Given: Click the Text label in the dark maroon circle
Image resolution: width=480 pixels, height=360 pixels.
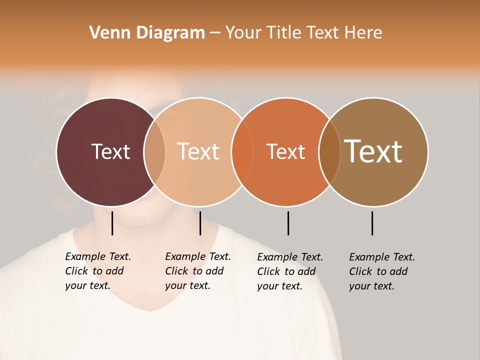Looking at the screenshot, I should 110,151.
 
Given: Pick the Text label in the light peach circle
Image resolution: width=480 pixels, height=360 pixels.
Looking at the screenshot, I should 198,151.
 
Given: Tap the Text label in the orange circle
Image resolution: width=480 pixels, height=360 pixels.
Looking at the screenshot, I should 285,151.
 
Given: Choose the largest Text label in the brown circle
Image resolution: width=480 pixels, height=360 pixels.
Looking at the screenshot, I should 373,151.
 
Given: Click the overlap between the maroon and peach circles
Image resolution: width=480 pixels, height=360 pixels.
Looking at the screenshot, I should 154,152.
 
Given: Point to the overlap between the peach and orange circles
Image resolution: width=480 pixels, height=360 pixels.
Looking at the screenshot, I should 242,152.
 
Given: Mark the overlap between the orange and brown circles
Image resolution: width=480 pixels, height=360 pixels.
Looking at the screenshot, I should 329,152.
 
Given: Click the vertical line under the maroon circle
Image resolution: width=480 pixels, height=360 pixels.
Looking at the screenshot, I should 112,223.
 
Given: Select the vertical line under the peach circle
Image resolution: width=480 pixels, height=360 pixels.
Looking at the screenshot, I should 200,223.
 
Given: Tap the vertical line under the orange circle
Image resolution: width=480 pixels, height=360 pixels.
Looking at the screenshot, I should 288,223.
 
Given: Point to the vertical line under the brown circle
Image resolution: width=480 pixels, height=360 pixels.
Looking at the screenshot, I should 372,223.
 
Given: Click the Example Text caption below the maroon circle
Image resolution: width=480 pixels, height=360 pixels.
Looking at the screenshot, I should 97,271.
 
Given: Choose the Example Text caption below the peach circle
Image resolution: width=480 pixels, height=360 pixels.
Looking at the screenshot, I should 197,271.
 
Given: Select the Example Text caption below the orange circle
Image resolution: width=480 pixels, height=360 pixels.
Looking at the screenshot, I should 289,271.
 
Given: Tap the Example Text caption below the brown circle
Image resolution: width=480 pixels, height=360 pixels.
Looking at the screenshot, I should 381,271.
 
